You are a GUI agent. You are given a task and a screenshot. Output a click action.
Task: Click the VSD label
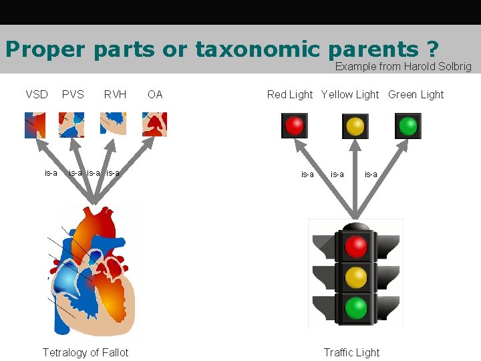[37, 94]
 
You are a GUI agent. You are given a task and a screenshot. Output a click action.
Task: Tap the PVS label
[73, 94]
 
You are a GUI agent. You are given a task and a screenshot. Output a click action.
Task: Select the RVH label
[115, 94]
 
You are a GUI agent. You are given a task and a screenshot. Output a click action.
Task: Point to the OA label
[155, 94]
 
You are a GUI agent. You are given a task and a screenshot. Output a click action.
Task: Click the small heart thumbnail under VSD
[37, 124]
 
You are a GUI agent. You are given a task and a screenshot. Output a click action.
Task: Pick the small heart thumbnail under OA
[154, 124]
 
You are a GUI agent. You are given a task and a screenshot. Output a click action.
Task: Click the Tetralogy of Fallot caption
[86, 352]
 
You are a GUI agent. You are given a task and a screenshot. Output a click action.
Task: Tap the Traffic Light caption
[351, 352]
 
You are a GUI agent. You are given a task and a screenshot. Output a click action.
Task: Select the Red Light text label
[290, 94]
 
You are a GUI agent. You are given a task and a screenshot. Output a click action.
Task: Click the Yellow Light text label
[350, 94]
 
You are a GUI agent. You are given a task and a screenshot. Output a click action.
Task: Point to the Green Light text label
[416, 94]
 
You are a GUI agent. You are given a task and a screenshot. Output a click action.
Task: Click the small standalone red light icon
[294, 125]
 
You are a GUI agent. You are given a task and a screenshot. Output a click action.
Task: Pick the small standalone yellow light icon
[355, 125]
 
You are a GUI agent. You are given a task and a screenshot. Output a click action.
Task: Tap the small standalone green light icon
[408, 125]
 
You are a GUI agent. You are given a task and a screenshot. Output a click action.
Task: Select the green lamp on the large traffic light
[355, 308]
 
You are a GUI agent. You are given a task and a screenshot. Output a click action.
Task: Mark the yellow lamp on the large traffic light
[355, 277]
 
